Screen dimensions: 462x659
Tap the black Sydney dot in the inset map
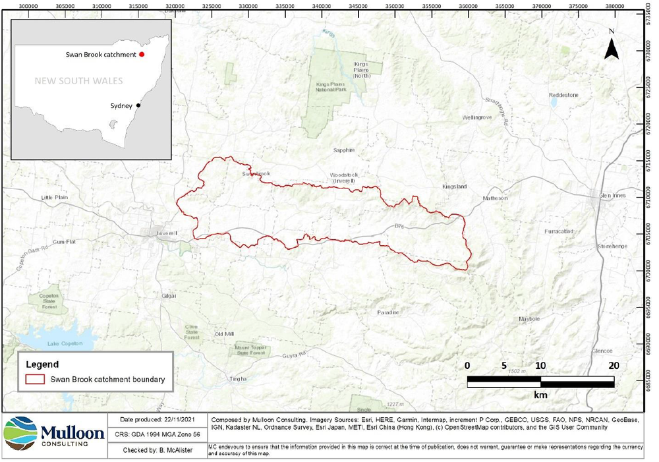tap(138, 105)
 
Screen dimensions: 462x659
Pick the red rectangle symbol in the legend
tap(34, 380)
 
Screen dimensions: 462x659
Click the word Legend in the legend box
tap(43, 364)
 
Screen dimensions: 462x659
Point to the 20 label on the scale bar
tap(614, 365)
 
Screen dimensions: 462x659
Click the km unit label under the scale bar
tap(540, 394)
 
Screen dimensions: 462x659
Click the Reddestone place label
tap(563, 95)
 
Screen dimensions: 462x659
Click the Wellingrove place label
tap(478, 117)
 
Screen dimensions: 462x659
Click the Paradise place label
tap(389, 312)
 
